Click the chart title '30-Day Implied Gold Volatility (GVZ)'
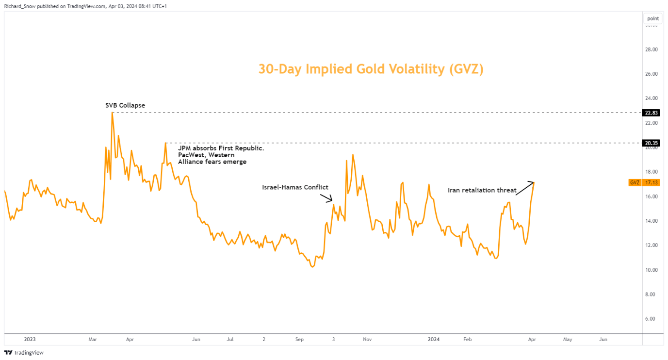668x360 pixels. click(371, 69)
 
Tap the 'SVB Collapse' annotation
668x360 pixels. click(125, 105)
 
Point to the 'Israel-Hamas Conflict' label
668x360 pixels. click(295, 187)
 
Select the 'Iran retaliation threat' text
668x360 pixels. click(482, 191)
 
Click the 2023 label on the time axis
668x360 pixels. click(29, 340)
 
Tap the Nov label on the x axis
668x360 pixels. click(367, 340)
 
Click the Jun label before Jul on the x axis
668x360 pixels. click(196, 340)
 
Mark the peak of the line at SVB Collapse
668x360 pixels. click(112, 113)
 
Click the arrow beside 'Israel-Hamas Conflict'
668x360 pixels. click(326, 198)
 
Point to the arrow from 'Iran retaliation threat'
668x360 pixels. click(524, 189)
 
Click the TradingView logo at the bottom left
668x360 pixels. click(24, 353)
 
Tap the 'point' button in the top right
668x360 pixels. click(653, 18)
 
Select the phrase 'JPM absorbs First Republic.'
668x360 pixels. click(221, 148)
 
